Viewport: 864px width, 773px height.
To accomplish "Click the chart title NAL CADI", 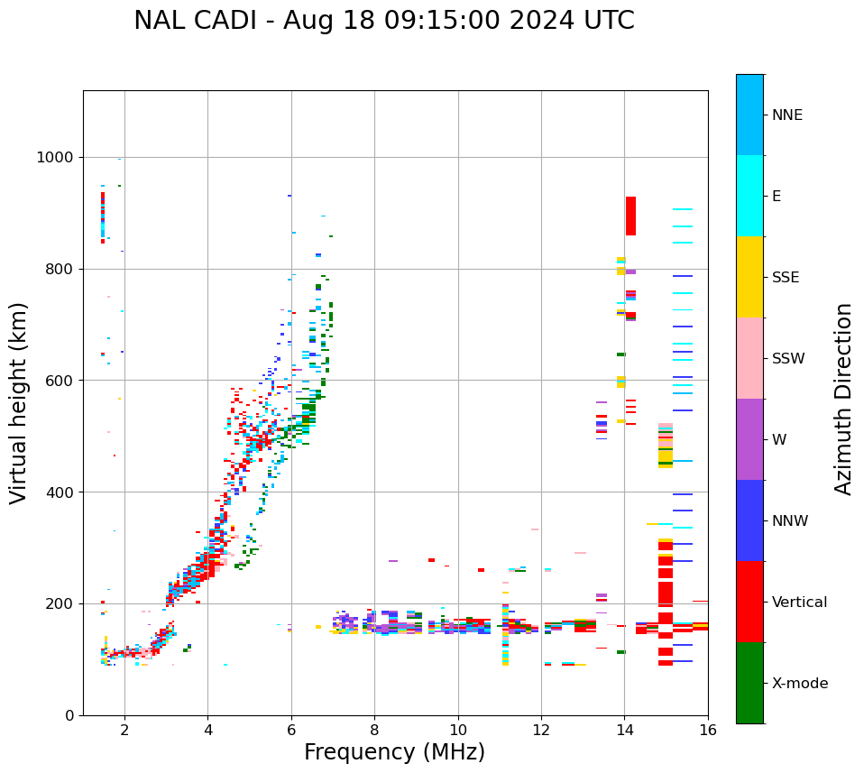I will click(x=384, y=21).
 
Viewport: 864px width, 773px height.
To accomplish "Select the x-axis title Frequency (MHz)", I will click(x=394, y=752).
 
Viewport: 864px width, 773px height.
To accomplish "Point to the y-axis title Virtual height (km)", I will click(x=19, y=402).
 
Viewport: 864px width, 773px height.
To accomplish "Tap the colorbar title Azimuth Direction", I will click(x=843, y=398).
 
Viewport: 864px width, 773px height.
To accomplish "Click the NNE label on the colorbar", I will click(x=786, y=115).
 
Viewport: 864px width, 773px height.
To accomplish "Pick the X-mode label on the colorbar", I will click(x=799, y=684).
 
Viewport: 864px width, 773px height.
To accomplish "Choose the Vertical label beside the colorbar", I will click(x=800, y=603).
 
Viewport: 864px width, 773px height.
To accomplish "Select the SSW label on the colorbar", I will click(x=788, y=359).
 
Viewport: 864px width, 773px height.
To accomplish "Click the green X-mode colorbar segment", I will click(x=749, y=683).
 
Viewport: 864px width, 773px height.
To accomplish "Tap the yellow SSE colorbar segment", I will click(x=749, y=277).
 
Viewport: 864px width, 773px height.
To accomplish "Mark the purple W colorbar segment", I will click(x=749, y=439).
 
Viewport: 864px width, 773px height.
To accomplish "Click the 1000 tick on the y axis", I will click(x=55, y=158).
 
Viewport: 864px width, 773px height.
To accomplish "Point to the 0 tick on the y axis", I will click(x=68, y=715).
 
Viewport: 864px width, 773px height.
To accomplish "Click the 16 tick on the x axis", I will click(x=708, y=731).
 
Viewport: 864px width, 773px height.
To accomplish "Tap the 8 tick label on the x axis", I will click(x=374, y=731).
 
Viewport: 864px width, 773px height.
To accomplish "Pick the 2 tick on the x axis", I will click(x=124, y=731).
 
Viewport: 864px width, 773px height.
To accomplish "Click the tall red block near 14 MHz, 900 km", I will click(x=630, y=216).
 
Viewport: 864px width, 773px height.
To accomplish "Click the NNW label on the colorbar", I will click(x=790, y=521).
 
